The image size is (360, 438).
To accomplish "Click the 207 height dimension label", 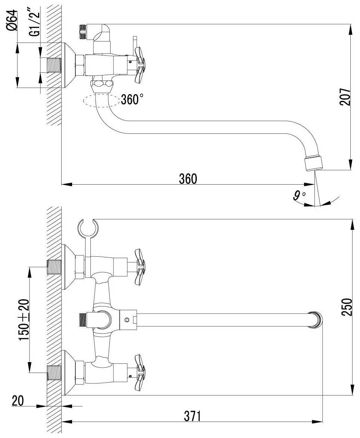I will tap(345, 97).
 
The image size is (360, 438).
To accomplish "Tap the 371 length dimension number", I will tap(193, 416).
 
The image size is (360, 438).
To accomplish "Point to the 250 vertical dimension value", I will tap(347, 307).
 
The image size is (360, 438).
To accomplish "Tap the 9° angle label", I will tap(299, 196).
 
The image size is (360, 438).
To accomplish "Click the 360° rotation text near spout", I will tap(132, 99).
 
